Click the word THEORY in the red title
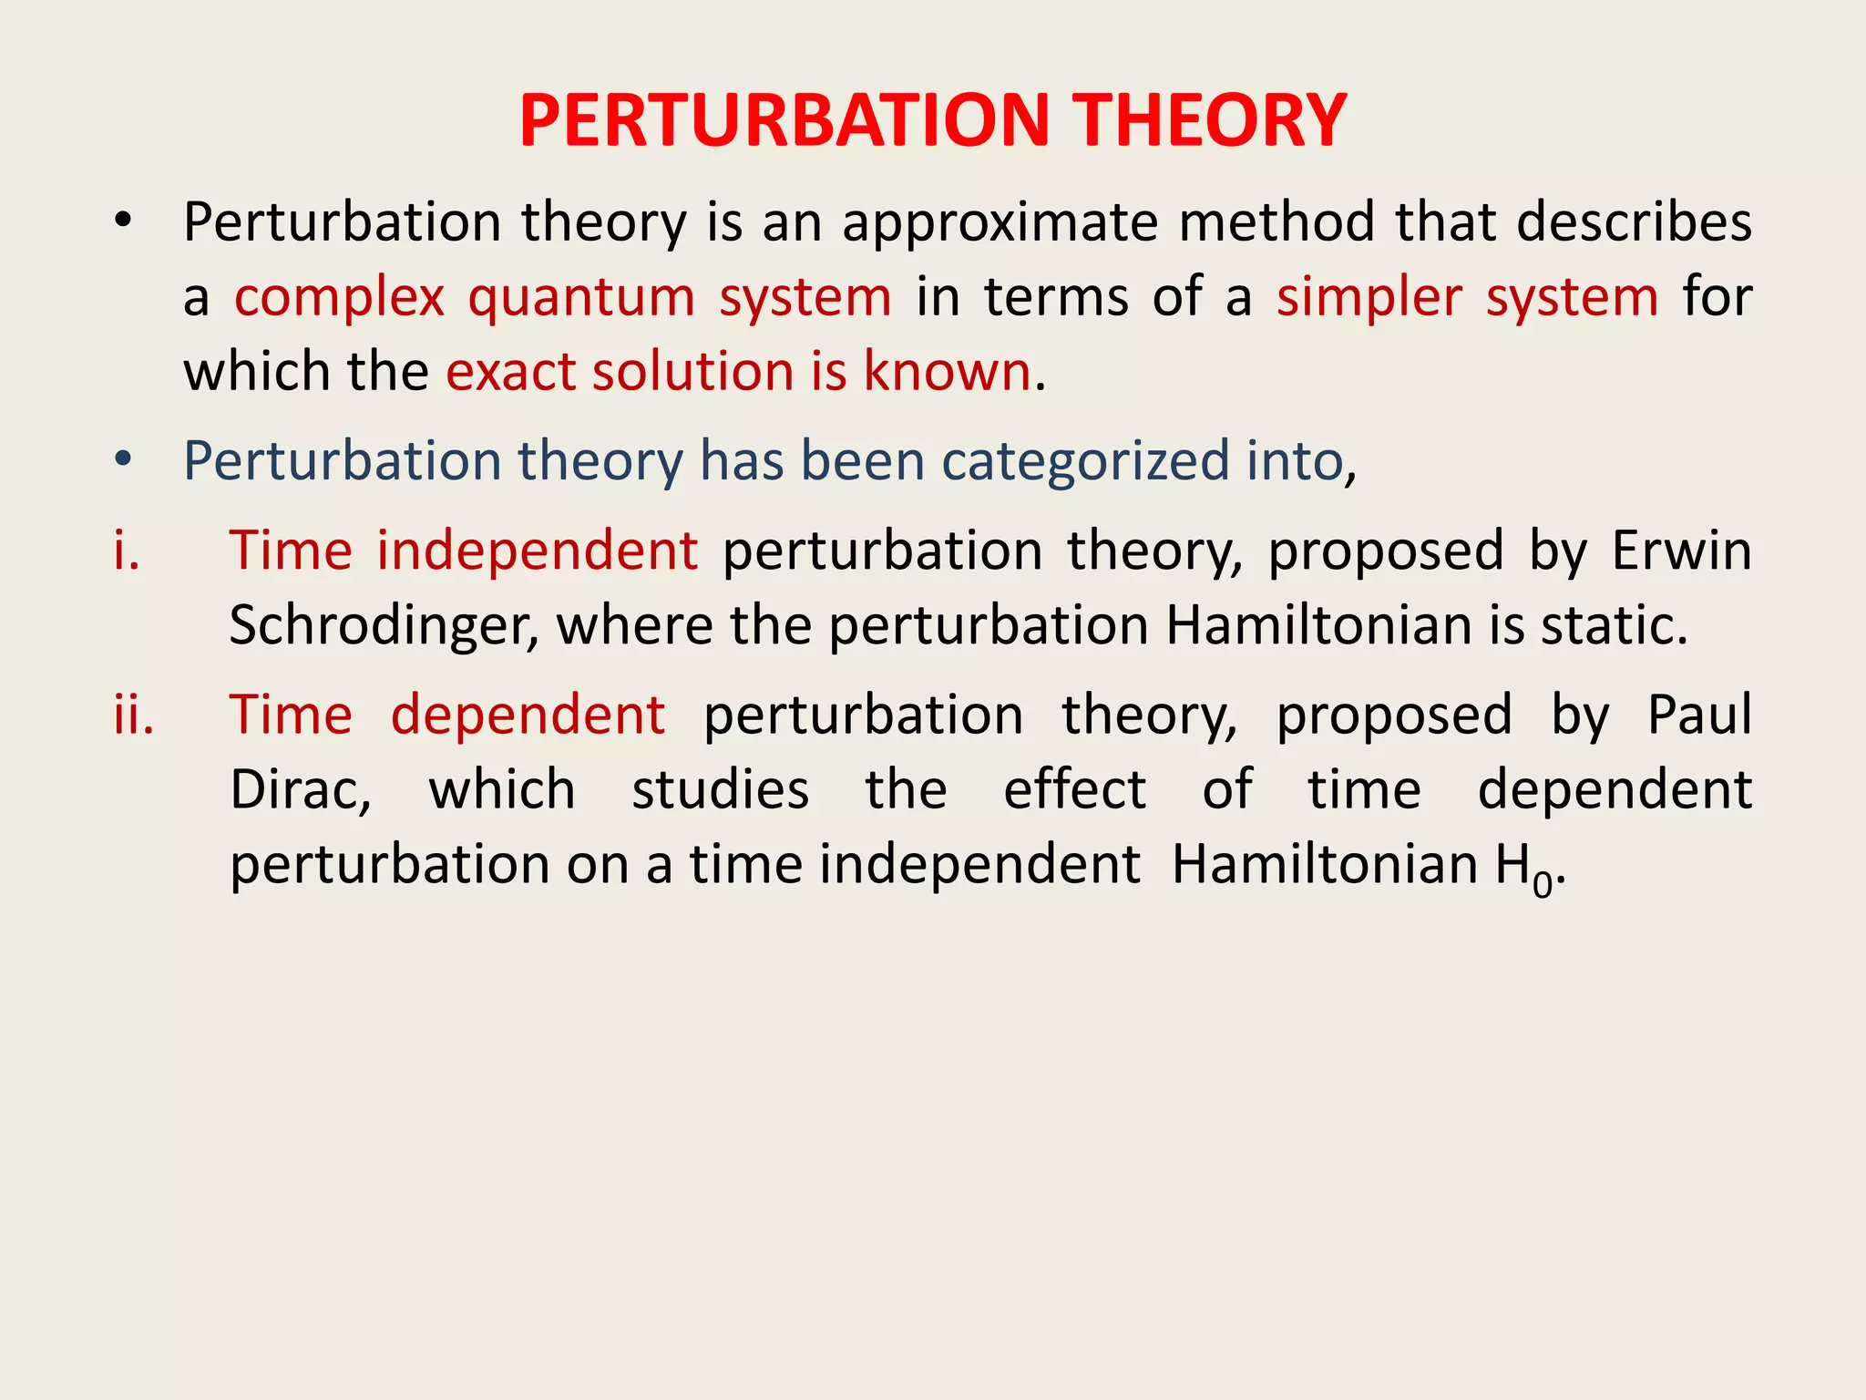tap(1208, 120)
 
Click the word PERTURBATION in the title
tap(784, 120)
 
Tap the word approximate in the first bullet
tap(1000, 223)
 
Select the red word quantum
tap(581, 298)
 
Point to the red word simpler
tap(1369, 298)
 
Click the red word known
tap(947, 372)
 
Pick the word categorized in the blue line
tap(1084, 460)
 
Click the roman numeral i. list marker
tap(127, 551)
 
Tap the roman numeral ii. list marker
tap(133, 715)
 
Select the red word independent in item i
tap(537, 551)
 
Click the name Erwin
tap(1681, 551)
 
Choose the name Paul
tap(1698, 715)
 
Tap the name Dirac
tap(300, 789)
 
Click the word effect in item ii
tap(1074, 789)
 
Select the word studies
tap(720, 789)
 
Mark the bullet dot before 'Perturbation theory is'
tap(124, 221)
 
